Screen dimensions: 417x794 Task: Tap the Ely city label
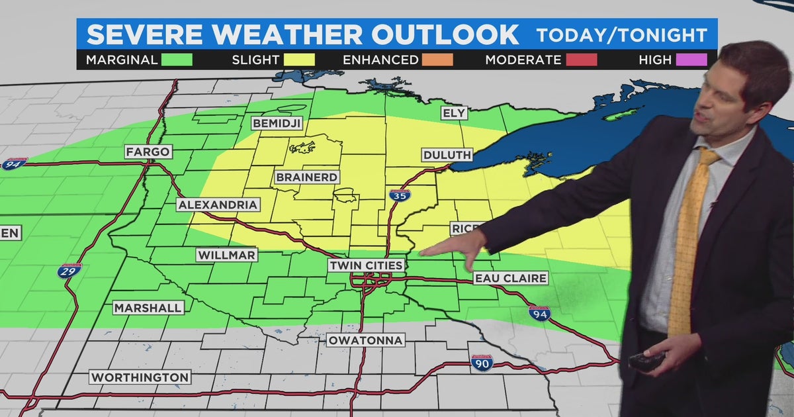455,113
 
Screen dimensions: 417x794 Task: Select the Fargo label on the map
148,152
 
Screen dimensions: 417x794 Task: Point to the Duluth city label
447,156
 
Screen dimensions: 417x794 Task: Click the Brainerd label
307,177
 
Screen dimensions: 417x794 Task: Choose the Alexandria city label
218,205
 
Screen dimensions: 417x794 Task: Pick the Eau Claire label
511,279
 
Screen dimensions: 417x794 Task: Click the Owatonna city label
365,340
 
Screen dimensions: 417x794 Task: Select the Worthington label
140,377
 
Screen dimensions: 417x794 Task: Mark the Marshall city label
148,308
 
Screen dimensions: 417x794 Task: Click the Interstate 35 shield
400,195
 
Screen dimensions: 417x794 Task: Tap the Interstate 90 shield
482,362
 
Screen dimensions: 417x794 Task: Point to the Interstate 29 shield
69,270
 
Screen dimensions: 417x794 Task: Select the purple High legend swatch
691,60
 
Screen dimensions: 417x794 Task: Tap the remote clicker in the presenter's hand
646,361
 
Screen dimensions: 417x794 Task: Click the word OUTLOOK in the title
449,34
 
